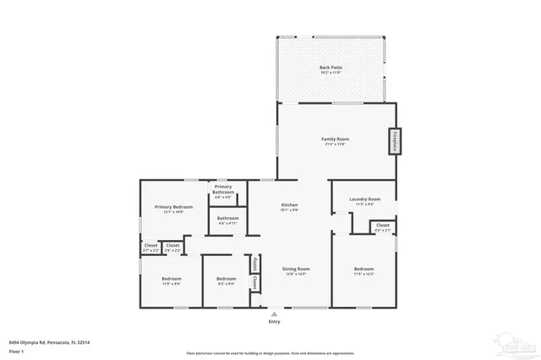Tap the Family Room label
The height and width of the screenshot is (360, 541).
(336, 140)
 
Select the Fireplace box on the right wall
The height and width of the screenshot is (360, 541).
(394, 141)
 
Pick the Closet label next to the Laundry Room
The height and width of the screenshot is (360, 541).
(383, 226)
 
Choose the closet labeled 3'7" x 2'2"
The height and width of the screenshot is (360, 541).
(150, 248)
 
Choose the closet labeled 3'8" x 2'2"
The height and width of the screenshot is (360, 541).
(172, 248)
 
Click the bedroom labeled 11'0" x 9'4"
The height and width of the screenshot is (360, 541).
(172, 281)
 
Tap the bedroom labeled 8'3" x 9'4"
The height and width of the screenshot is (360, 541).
(226, 281)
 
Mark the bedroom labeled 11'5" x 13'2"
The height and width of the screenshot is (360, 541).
(363, 270)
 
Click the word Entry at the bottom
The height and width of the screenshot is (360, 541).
(274, 322)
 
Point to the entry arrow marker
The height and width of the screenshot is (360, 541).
(274, 312)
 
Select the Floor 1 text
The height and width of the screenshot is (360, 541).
(15, 350)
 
